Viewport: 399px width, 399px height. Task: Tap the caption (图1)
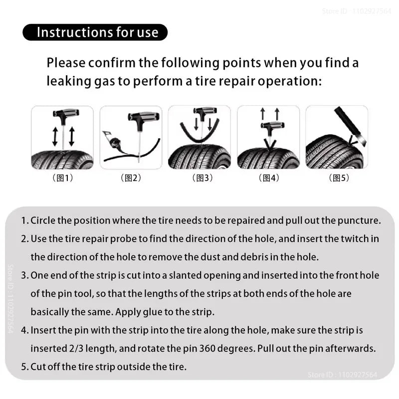click(x=62, y=178)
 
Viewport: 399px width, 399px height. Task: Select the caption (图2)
click(x=131, y=178)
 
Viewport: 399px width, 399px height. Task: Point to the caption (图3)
click(x=199, y=178)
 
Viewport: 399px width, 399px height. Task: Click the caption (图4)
click(x=268, y=178)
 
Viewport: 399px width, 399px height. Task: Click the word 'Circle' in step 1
click(x=43, y=220)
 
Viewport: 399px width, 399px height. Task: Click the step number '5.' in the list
click(x=25, y=367)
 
